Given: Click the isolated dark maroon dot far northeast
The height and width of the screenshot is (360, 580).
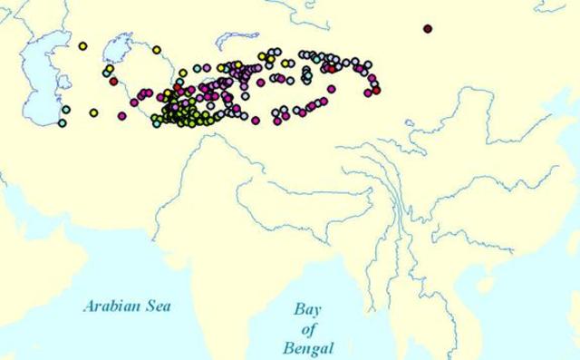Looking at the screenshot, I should click(428, 28).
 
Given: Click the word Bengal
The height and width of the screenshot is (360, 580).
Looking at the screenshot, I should click(306, 347).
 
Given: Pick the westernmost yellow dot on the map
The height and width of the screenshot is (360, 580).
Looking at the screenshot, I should click(83, 45).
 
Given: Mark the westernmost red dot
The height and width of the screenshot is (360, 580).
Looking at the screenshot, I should click(113, 81).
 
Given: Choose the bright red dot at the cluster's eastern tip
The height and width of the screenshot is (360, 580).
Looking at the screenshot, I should click(376, 91).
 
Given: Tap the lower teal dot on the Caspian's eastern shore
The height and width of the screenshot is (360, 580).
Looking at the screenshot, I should click(63, 122).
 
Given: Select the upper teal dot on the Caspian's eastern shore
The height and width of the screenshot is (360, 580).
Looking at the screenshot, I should click(65, 110).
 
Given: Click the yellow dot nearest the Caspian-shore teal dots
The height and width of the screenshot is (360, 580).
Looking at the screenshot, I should click(93, 112).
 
